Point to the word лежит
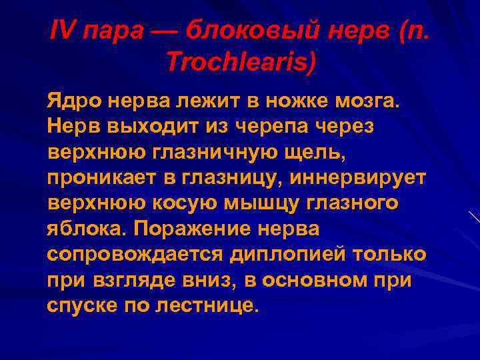tap(207, 102)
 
